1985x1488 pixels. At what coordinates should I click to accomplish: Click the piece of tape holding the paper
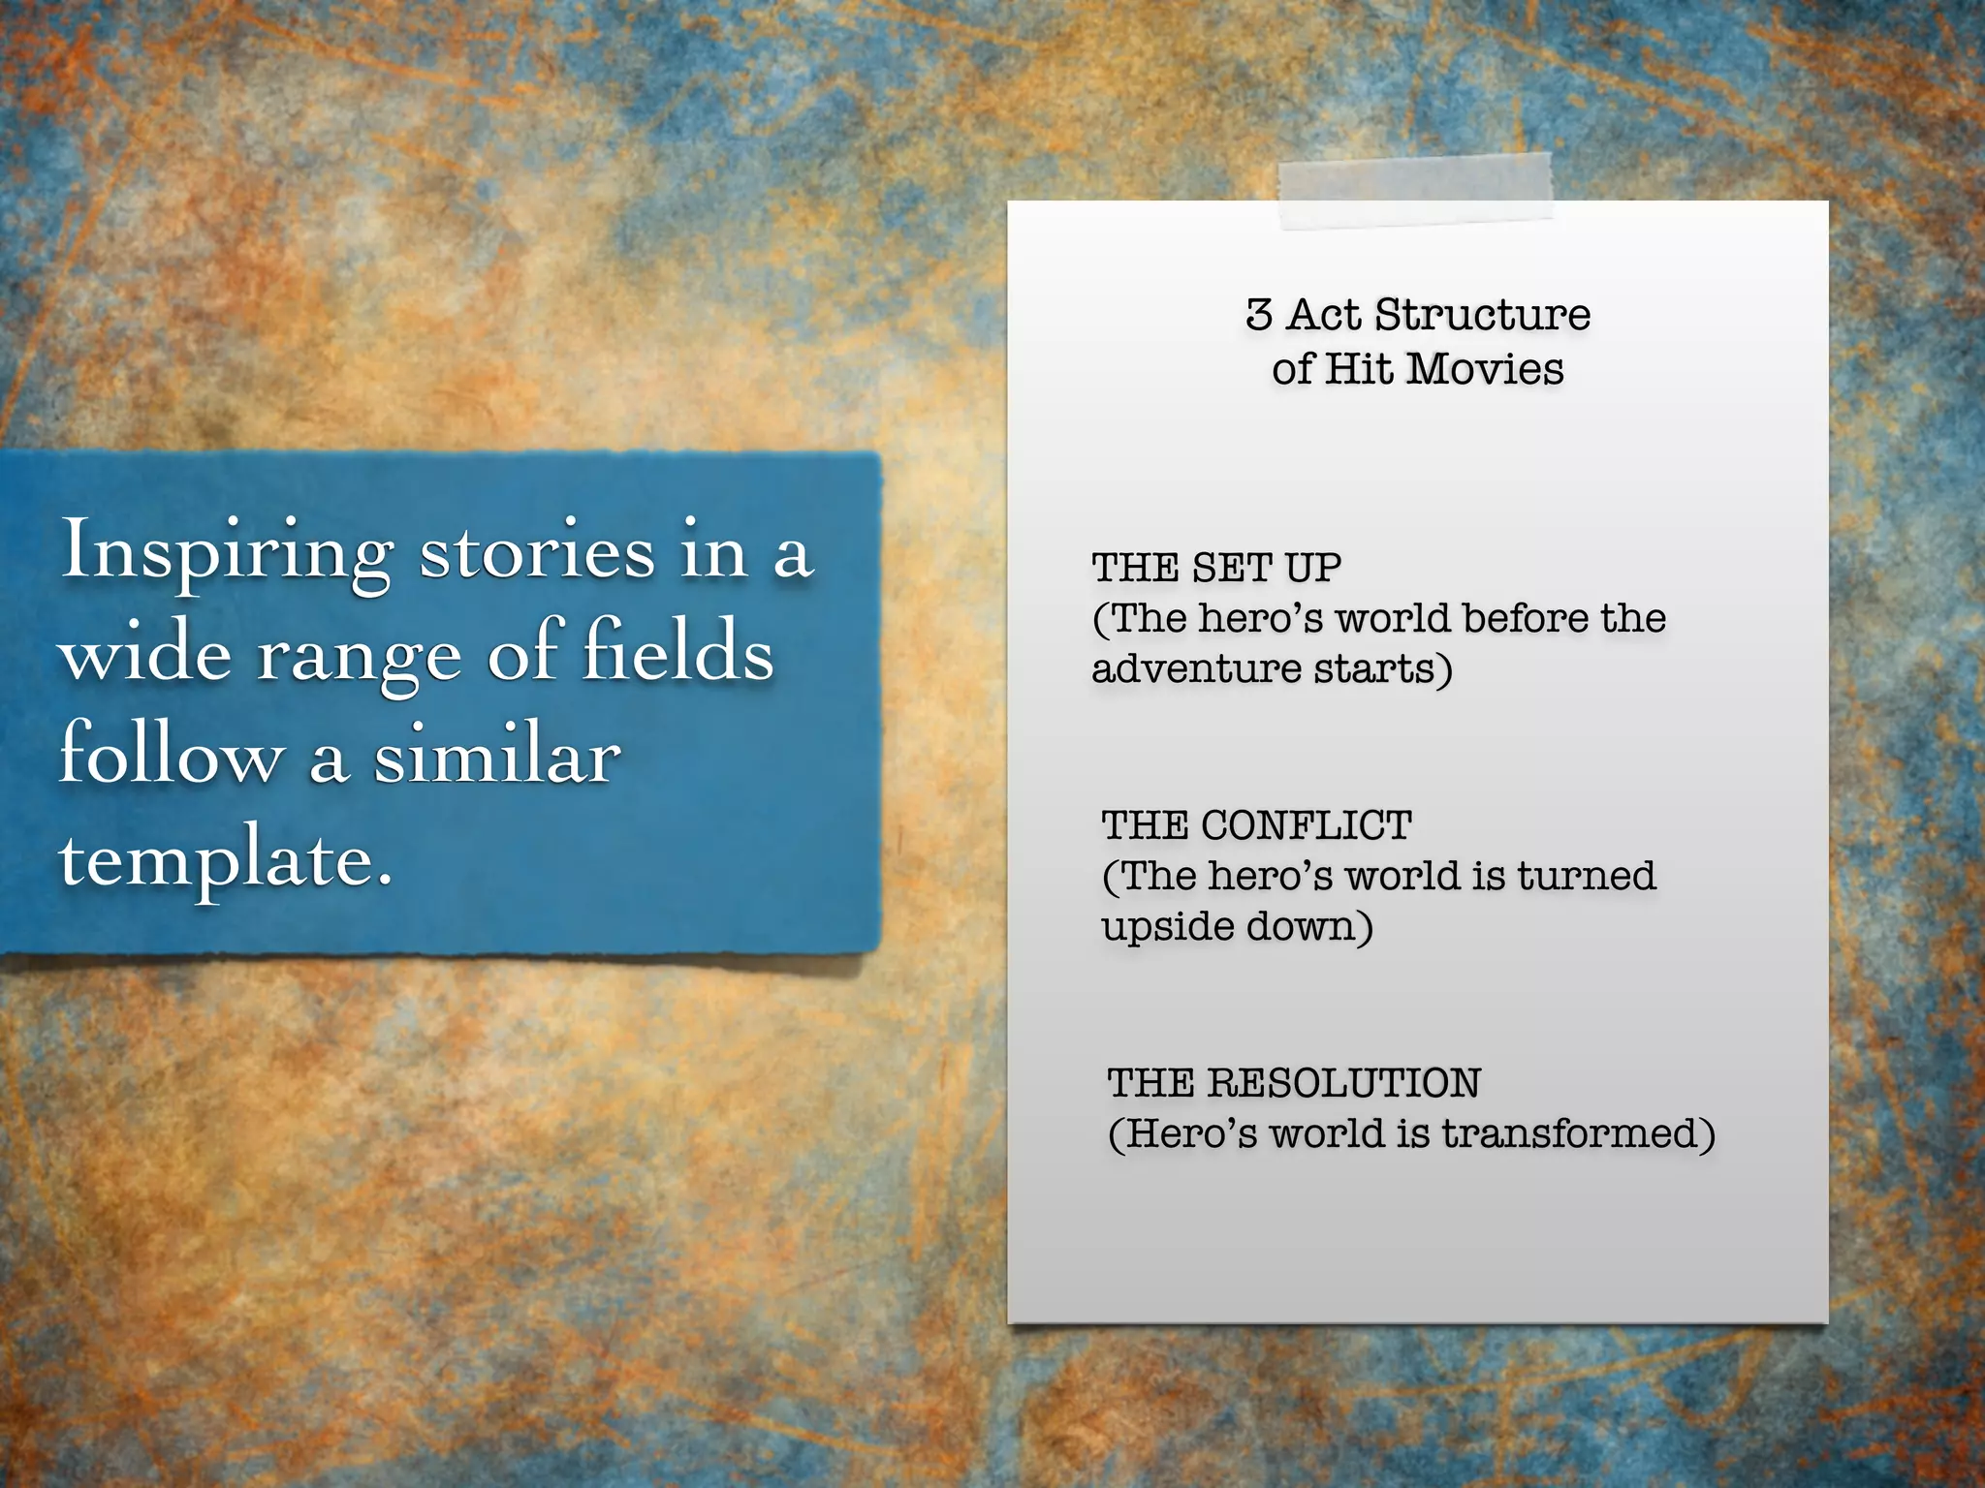[1415, 192]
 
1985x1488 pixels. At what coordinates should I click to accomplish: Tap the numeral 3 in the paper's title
[1259, 315]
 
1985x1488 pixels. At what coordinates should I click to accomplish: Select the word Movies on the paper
[1485, 369]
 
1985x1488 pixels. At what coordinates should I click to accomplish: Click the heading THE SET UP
[1216, 568]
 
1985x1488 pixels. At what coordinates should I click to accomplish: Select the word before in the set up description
[1526, 618]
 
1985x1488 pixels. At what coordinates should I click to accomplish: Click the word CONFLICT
[1306, 825]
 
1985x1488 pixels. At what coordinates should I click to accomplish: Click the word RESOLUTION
[1343, 1083]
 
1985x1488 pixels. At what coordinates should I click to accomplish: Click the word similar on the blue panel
[497, 756]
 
